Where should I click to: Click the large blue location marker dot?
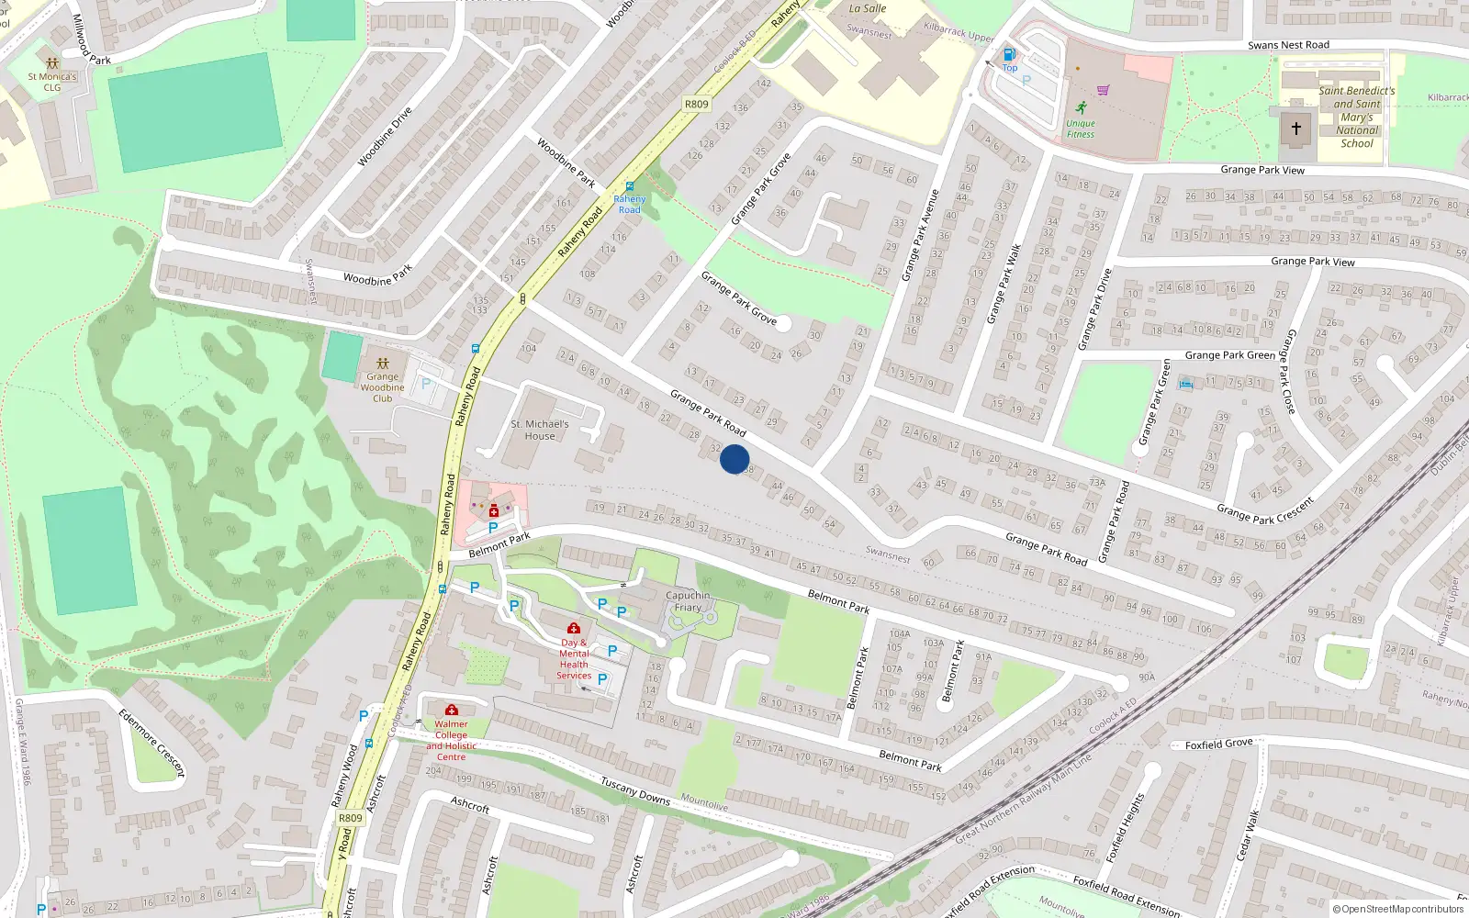[x=734, y=459]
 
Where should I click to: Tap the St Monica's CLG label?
[x=52, y=82]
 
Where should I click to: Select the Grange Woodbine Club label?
[x=382, y=386]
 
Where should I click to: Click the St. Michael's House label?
[x=540, y=430]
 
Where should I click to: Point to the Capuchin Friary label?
[x=688, y=601]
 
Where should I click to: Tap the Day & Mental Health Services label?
[x=574, y=659]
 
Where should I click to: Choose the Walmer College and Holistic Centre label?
[x=451, y=740]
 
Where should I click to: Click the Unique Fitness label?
[x=1081, y=129]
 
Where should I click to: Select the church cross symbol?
[x=1295, y=129]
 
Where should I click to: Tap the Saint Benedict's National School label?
[x=1357, y=117]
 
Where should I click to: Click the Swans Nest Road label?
[x=1288, y=45]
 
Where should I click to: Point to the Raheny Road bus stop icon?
[x=629, y=186]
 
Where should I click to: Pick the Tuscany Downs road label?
[x=635, y=790]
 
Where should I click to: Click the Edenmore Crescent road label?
[x=151, y=742]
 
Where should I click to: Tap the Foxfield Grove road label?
[x=1218, y=744]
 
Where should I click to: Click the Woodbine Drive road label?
[x=385, y=137]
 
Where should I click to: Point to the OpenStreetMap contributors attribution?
[x=1398, y=909]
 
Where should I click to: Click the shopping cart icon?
[x=1104, y=90]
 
